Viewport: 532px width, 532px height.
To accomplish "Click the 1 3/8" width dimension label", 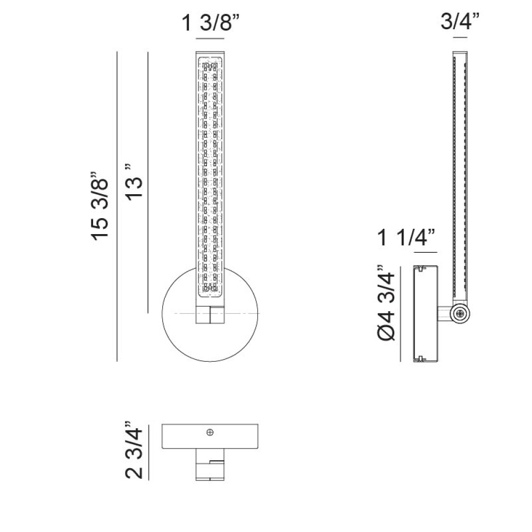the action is [210, 23].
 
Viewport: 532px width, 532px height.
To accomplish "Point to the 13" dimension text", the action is [134, 182].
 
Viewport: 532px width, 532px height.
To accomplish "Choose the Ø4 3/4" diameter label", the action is [386, 302].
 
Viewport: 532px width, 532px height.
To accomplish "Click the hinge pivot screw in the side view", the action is [460, 314].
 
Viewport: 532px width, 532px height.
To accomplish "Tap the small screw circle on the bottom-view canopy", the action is [210, 432].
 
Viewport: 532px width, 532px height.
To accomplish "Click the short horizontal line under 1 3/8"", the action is [210, 39].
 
